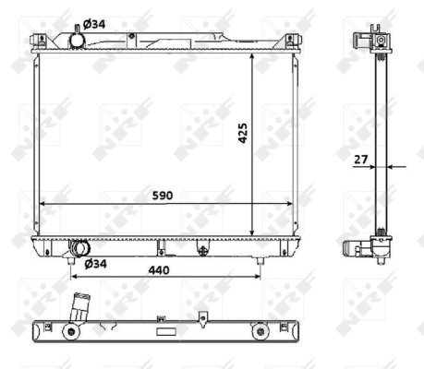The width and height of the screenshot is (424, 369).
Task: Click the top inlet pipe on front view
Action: [x=76, y=39]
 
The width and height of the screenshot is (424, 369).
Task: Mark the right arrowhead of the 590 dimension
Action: [x=294, y=204]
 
